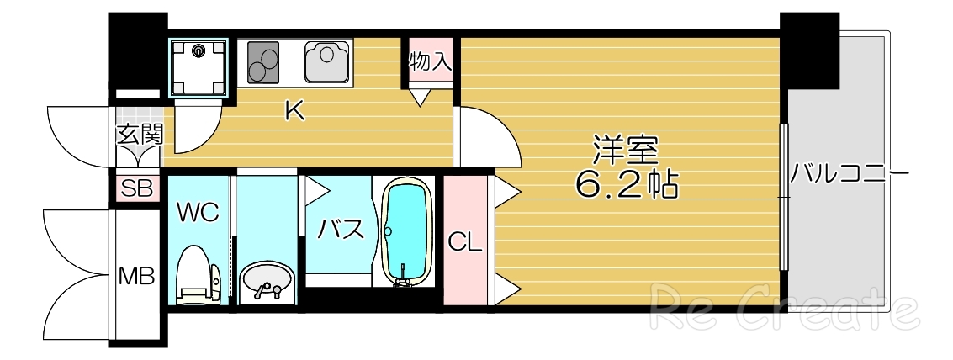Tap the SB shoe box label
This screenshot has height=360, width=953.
click(x=138, y=188)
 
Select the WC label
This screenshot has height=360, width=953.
click(x=199, y=212)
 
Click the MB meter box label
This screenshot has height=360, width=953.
click(x=135, y=275)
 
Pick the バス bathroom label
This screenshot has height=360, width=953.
click(x=340, y=227)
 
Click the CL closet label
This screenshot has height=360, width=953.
click(x=464, y=243)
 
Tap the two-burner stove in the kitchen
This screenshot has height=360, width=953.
click(x=267, y=61)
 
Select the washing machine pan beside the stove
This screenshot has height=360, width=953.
click(x=200, y=66)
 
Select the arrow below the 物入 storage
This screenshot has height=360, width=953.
click(x=421, y=98)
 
